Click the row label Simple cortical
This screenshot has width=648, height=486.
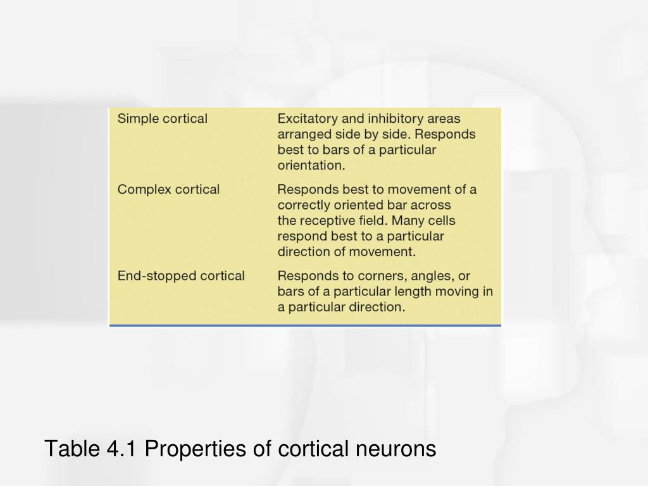pyautogui.click(x=163, y=118)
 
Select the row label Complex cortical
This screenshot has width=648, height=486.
pyautogui.click(x=168, y=189)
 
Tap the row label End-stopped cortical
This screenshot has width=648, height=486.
pyautogui.click(x=181, y=276)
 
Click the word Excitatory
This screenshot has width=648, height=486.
pyautogui.click(x=308, y=118)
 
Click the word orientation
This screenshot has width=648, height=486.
pyautogui.click(x=311, y=166)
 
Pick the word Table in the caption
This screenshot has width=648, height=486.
pyautogui.click(x=69, y=449)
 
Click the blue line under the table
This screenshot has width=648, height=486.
pyautogui.click(x=305, y=325)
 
